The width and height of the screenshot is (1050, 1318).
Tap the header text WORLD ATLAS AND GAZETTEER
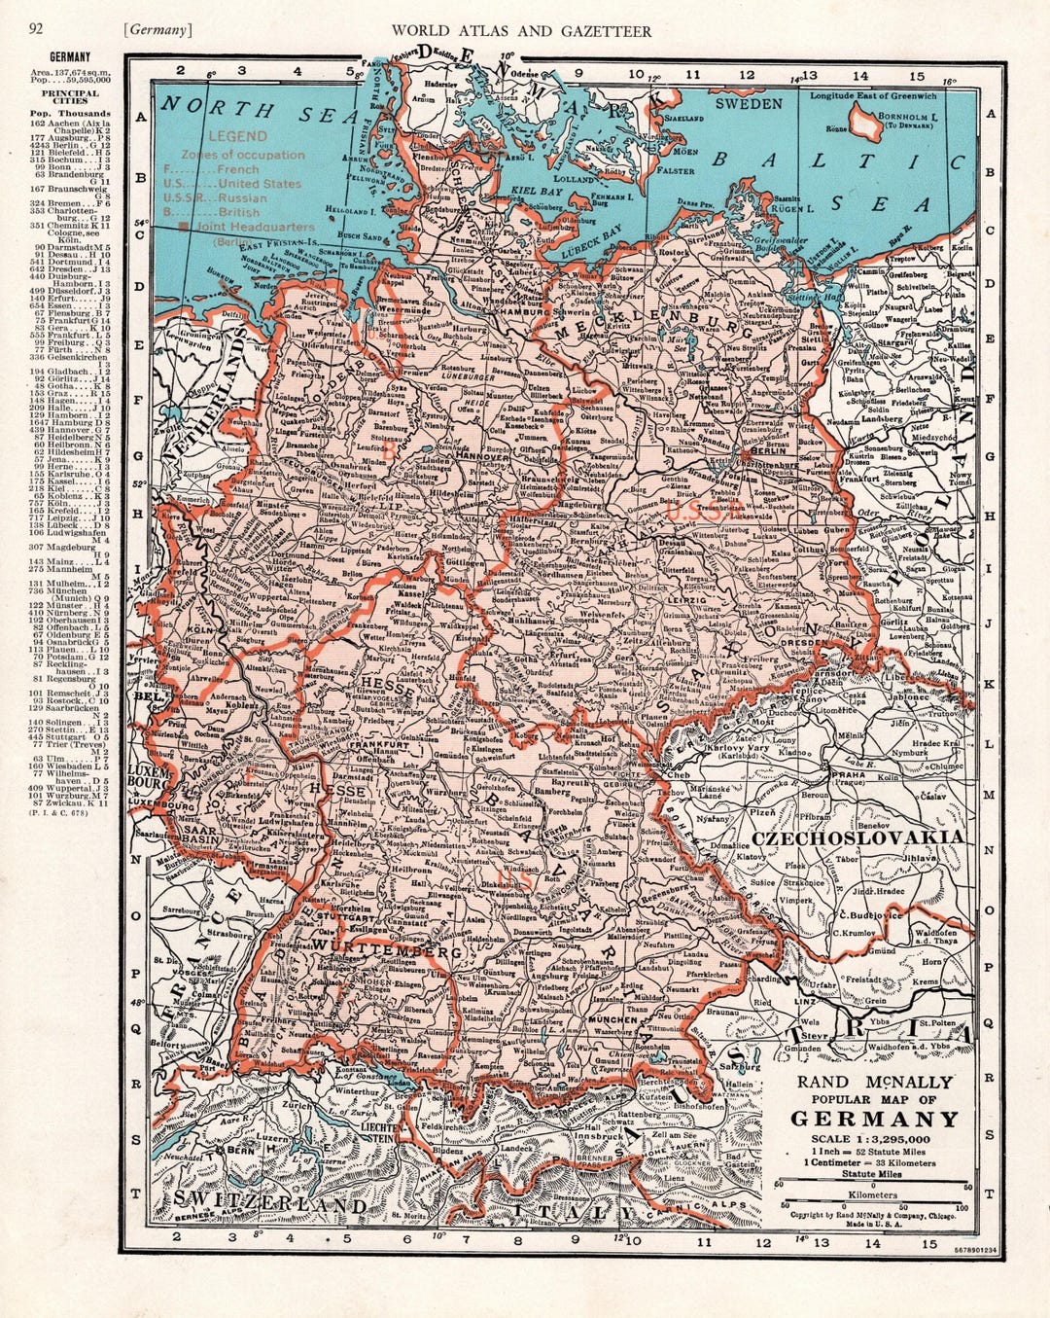pos(521,31)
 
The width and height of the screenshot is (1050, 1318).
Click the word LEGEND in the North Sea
pos(238,137)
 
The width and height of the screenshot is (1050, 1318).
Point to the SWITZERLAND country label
pos(271,1206)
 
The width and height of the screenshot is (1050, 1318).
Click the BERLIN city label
pos(768,451)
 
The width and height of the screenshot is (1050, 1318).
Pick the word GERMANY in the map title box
pos(878,1119)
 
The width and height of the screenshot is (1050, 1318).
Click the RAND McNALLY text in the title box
pos(876,1082)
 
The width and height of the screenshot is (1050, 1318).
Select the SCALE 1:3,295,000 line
pos(876,1139)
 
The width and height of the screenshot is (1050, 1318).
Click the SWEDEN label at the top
pos(749,103)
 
